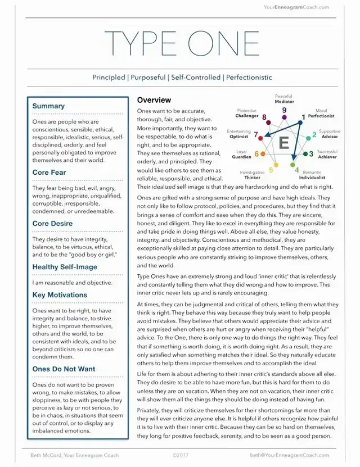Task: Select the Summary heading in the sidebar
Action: [48, 106]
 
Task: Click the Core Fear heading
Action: [49, 173]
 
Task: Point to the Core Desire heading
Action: [52, 224]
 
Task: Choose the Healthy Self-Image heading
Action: [65, 267]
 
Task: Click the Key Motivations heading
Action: [60, 294]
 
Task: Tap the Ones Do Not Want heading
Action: [64, 369]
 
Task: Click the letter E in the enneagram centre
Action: [283, 143]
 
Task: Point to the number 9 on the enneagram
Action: [284, 111]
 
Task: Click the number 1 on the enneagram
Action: [304, 117]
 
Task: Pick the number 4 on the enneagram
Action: [297, 167]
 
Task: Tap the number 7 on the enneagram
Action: [256, 135]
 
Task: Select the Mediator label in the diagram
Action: [284, 102]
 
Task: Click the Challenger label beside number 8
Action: [247, 116]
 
